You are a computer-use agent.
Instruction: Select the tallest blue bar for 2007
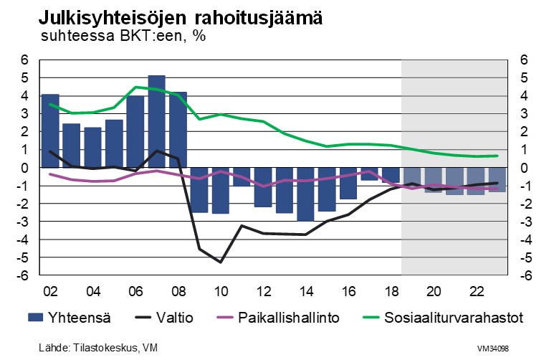[156, 121]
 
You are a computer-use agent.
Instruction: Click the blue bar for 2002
[50, 131]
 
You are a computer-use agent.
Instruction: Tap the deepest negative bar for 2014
[305, 194]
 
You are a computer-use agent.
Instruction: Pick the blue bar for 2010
[220, 190]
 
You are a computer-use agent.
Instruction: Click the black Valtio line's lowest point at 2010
[220, 262]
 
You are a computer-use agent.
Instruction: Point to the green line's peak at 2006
[135, 87]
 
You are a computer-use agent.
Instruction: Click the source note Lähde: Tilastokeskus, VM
[98, 349]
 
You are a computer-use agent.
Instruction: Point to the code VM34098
[494, 349]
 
